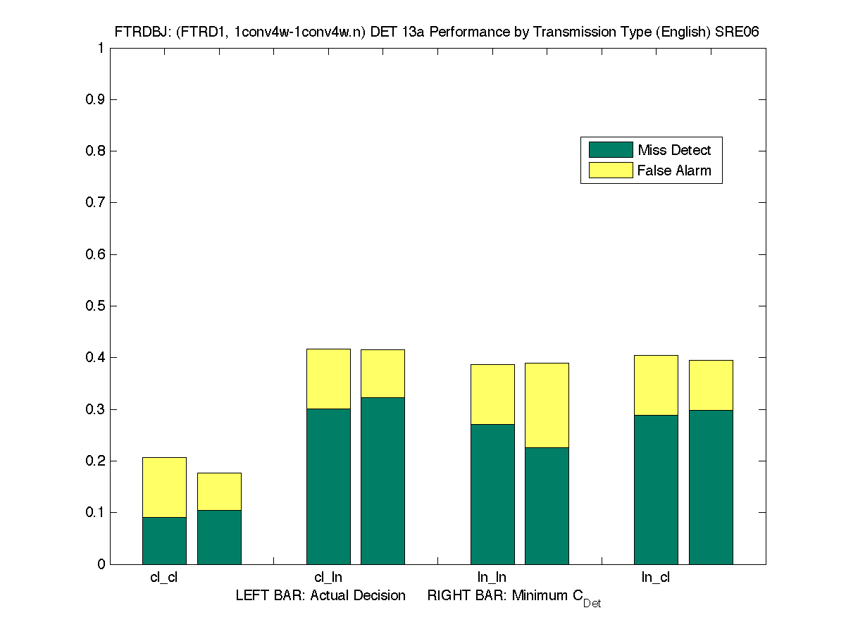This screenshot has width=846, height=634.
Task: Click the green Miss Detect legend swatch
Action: click(611, 149)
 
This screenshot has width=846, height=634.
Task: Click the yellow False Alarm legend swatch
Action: click(611, 170)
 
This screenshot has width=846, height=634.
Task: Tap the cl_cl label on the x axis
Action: click(164, 578)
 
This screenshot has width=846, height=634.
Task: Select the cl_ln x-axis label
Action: click(328, 578)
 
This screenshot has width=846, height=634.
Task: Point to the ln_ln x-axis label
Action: click(492, 578)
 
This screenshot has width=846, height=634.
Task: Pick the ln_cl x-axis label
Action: click(656, 578)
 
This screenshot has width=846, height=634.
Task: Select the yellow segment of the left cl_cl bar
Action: click(164, 487)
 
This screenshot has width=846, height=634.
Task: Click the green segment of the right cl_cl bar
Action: click(219, 537)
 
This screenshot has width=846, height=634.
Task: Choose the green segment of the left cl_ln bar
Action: click(328, 486)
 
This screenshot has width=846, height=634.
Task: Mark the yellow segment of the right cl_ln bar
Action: click(382, 373)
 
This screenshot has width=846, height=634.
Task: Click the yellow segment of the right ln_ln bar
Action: click(547, 405)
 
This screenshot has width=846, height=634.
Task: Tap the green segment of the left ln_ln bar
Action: click(492, 494)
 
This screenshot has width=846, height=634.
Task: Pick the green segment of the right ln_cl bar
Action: click(711, 487)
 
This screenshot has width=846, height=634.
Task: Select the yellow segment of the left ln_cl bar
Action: click(656, 385)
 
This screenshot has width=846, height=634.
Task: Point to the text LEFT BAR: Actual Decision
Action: click(321, 596)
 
